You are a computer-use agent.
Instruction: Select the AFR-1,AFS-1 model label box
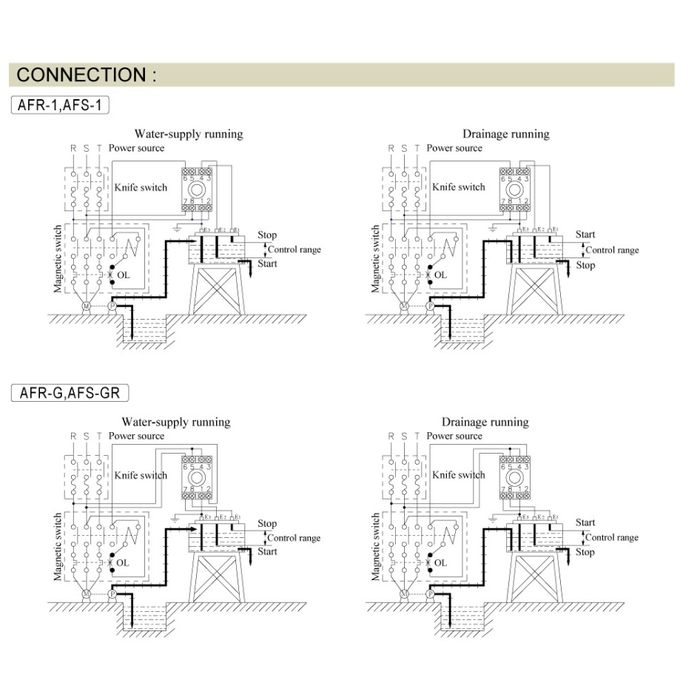61,105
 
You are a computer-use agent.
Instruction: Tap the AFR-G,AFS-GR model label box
65,392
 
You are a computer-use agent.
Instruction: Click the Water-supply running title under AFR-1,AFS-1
188,134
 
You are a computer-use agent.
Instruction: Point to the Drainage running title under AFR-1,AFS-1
505,134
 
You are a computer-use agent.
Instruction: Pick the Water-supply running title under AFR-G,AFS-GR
176,422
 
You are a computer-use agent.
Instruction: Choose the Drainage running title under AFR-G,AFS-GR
485,422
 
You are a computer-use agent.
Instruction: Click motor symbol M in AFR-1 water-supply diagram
86,306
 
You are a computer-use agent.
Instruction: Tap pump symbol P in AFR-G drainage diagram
431,593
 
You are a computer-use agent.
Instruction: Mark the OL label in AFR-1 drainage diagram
440,275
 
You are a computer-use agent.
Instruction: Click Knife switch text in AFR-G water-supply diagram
141,475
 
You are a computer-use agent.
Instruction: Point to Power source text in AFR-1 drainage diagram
454,148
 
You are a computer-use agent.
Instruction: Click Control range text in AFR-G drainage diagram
611,537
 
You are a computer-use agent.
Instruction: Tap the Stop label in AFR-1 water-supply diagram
267,235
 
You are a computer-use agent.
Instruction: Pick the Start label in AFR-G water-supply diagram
267,551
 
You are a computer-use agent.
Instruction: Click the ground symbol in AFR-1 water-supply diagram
178,229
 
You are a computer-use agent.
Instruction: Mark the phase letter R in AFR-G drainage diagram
391,436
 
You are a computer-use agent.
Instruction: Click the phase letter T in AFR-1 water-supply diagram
98,148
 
